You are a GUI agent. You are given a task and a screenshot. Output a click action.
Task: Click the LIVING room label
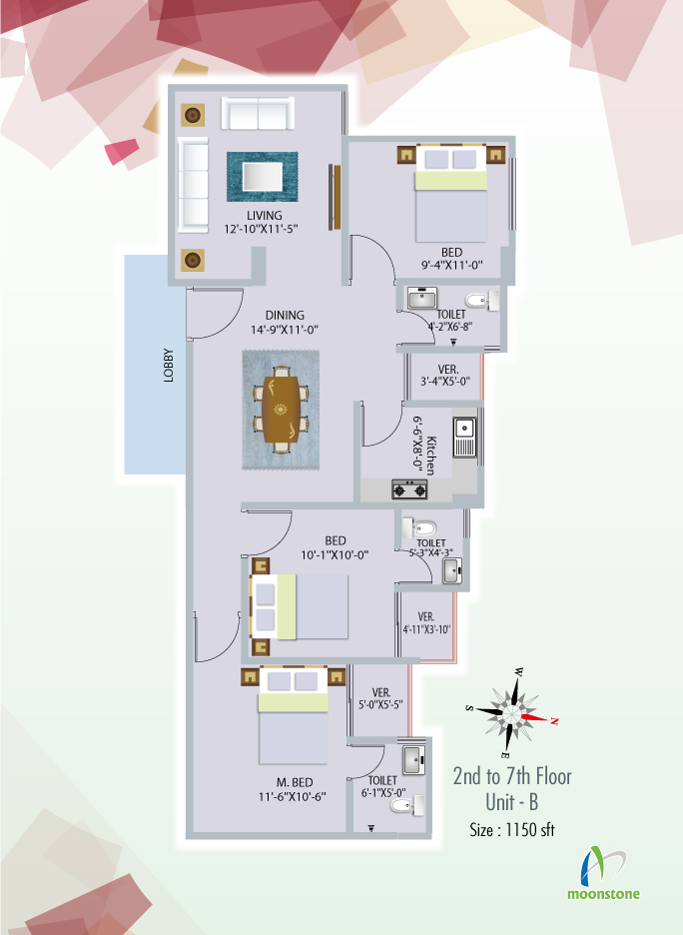(x=264, y=215)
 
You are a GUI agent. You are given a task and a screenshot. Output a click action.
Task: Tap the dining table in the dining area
(x=281, y=410)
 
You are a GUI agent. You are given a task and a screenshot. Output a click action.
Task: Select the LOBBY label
(x=169, y=365)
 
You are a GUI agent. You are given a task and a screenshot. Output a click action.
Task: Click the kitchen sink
(x=464, y=438)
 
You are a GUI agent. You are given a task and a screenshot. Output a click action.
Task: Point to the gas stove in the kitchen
(x=409, y=489)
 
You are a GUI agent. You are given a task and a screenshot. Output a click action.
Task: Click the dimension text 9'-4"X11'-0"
(x=451, y=265)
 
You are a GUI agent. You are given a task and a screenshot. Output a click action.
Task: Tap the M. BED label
(x=295, y=782)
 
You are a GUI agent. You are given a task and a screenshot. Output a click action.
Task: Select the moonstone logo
(x=603, y=873)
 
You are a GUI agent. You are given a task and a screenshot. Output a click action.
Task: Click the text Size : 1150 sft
(x=512, y=829)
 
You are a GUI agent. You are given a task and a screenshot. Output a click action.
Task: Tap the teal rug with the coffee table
(x=263, y=177)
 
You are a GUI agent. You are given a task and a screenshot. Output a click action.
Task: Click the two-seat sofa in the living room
(x=258, y=113)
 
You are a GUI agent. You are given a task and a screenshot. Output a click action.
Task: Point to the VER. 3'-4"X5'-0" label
(x=446, y=376)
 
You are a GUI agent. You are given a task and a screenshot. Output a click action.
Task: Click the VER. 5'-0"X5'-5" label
(x=380, y=698)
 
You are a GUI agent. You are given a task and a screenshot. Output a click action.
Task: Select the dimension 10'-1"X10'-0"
(x=335, y=555)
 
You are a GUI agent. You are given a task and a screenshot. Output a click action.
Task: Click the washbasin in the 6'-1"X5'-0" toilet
(x=413, y=760)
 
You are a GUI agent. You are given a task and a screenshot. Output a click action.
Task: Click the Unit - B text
(x=512, y=802)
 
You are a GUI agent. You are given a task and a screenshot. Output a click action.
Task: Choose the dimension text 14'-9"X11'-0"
(x=285, y=330)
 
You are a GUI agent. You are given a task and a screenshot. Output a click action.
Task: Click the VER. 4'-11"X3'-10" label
(x=426, y=623)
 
